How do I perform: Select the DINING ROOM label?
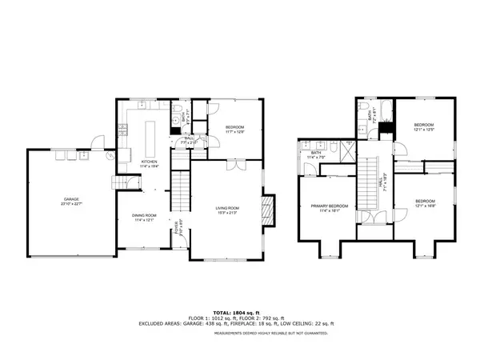145,215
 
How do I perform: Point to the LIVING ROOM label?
228,209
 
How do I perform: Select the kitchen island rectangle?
149,135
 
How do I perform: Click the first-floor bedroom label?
234,127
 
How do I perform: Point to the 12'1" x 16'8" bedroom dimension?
424,206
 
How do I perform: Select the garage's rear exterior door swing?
96,144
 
